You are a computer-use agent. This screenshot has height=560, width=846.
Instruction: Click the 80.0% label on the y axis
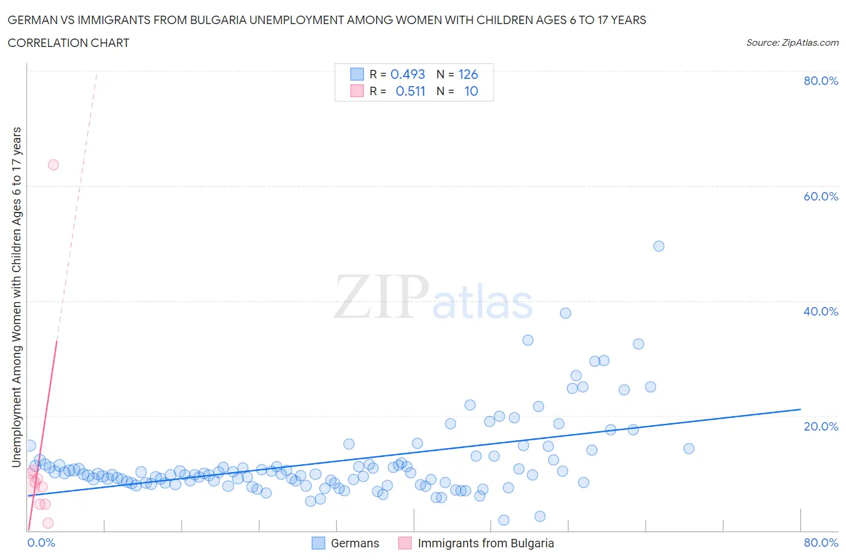[x=821, y=81]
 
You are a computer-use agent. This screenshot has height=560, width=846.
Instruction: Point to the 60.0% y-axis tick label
[x=821, y=196]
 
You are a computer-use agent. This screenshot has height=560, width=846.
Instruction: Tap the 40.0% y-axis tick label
[x=821, y=311]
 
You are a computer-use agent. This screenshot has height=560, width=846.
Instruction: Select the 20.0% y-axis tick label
[x=821, y=426]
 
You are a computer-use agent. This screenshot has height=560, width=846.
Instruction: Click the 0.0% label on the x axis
[x=41, y=543]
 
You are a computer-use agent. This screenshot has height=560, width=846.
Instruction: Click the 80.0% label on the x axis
[x=821, y=543]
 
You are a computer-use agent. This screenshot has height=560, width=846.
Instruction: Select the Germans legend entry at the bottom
[x=354, y=543]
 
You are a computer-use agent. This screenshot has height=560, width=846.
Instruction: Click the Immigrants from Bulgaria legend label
[x=485, y=543]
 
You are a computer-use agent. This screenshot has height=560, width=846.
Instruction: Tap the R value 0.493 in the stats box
[x=407, y=74]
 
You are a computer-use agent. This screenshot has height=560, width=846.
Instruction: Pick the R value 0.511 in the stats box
[x=410, y=91]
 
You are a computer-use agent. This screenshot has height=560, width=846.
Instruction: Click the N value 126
[x=468, y=74]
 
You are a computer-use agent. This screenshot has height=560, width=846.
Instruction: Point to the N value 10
[x=471, y=91]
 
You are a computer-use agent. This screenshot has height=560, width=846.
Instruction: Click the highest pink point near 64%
[x=53, y=164]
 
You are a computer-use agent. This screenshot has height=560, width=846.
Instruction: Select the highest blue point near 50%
[x=658, y=246]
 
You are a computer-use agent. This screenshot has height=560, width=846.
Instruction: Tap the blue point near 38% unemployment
[x=565, y=313]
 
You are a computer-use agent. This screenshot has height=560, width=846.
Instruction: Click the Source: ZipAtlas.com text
[x=792, y=42]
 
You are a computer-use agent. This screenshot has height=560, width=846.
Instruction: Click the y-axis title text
[x=17, y=297]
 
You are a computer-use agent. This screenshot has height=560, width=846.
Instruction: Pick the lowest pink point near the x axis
[x=48, y=523]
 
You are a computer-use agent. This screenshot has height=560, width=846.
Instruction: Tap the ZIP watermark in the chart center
[x=381, y=297]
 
